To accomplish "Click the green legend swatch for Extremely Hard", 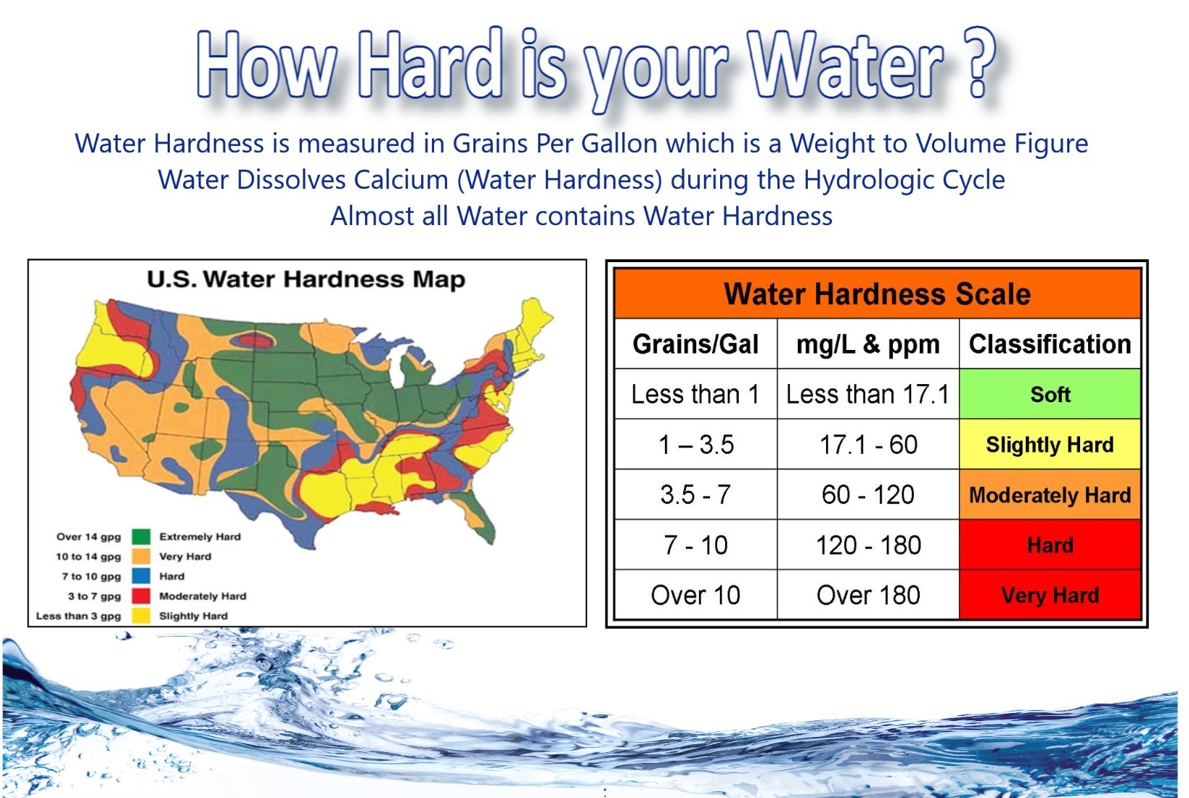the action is [142, 537].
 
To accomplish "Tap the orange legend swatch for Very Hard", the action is [142, 556].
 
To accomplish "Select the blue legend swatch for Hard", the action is [142, 576].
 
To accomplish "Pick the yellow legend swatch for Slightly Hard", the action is [142, 616].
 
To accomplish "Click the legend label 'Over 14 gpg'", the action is [89, 537].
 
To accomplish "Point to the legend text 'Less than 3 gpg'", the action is [78, 616].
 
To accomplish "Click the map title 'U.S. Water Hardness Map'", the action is [306, 280].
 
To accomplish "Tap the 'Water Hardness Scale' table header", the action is [877, 293].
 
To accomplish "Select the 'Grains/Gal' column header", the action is [695, 344].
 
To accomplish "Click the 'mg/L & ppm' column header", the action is [868, 344].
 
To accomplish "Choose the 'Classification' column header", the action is [1050, 344].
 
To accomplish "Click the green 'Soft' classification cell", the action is [1050, 394].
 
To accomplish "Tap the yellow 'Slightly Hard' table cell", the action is [1050, 444].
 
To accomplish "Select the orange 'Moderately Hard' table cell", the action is [1050, 494].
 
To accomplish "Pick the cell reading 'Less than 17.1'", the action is [868, 394].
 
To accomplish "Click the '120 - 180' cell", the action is [868, 545].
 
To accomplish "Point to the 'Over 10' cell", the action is [695, 595].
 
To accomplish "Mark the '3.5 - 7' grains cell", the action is [695, 494].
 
